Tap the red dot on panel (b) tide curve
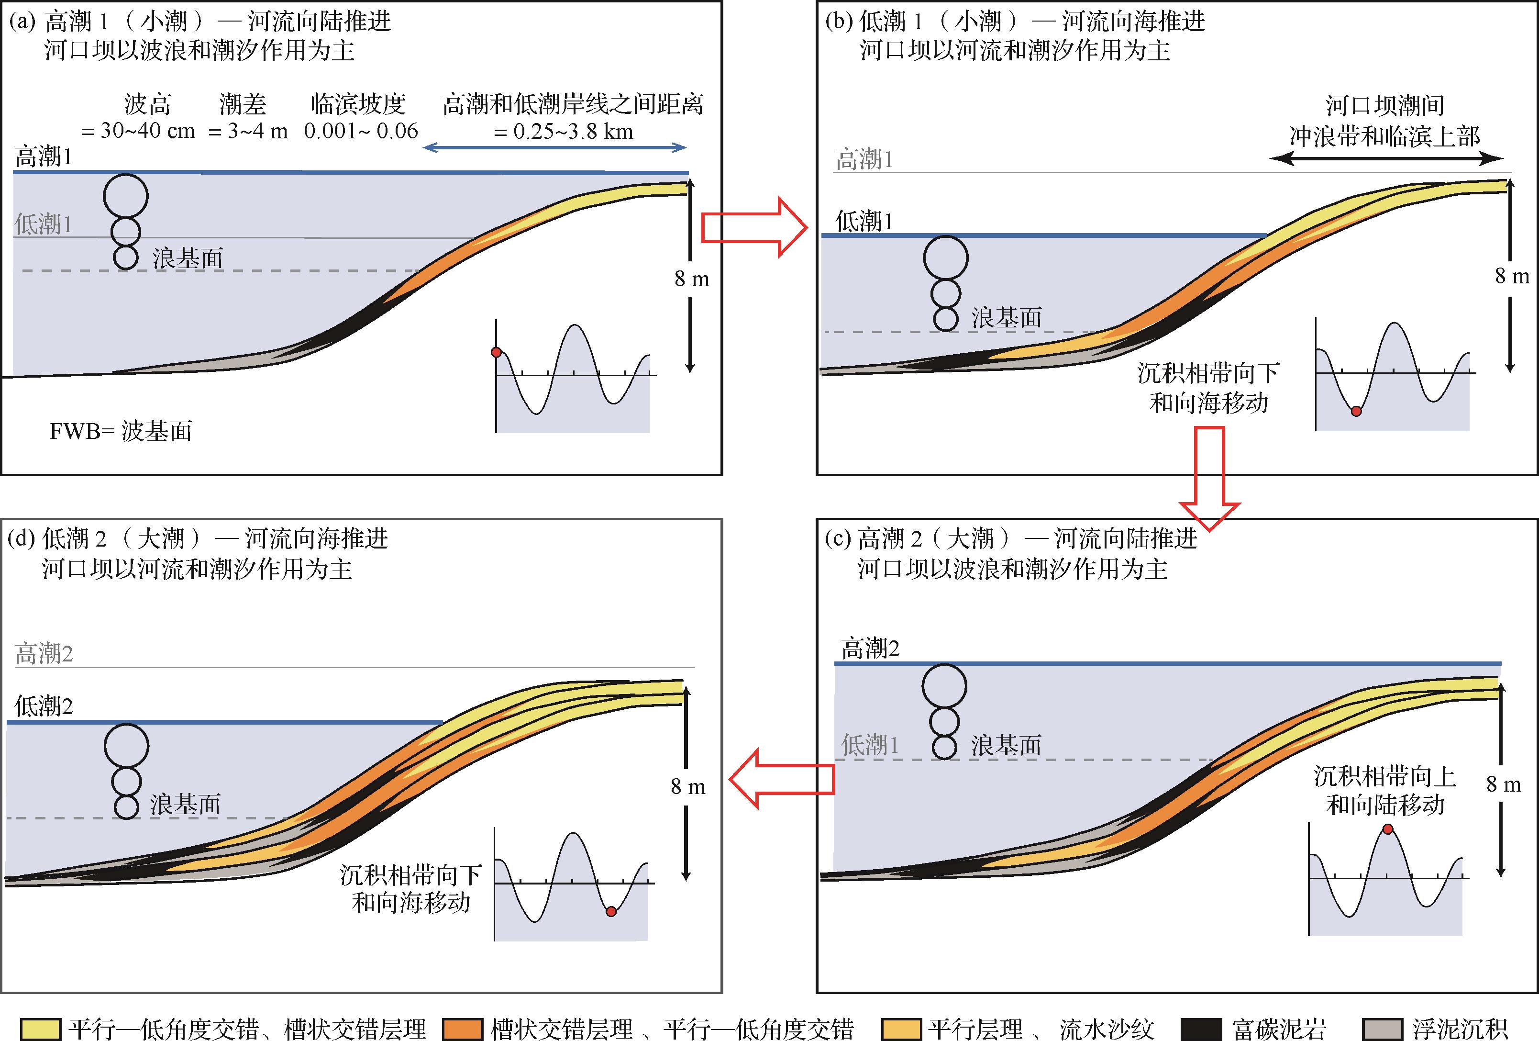coord(1356,411)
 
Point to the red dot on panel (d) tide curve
coord(611,912)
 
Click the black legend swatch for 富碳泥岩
coord(1201,1029)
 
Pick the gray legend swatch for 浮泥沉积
coord(1383,1029)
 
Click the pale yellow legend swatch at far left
coord(41,1029)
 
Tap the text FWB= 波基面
coord(121,431)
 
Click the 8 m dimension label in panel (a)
coord(691,280)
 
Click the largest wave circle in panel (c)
coord(944,686)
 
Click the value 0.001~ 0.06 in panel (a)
coord(361,131)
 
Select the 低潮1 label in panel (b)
coord(864,221)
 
